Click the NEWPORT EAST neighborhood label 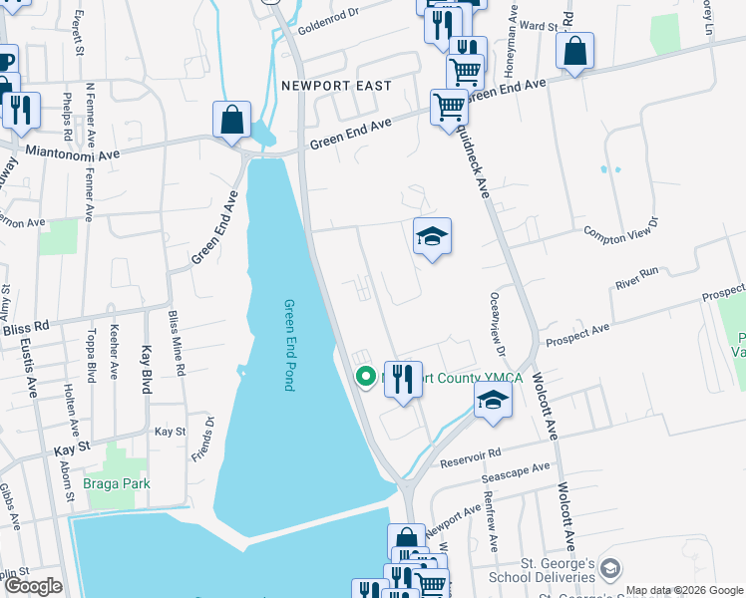pos(335,86)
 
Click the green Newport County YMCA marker pos(365,377)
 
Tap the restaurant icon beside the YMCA pos(403,380)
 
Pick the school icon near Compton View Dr pos(432,237)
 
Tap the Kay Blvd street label pos(146,369)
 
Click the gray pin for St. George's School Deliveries pos(609,568)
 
